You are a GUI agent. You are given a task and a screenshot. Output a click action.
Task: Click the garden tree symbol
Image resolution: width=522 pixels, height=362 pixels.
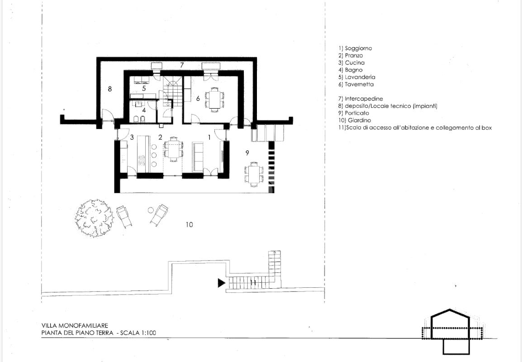click(x=94, y=218)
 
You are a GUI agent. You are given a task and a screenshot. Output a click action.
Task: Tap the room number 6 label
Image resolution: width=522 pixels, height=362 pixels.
click(x=198, y=99)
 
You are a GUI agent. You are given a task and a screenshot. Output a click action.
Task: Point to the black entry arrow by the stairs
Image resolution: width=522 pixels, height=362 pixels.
click(x=222, y=283)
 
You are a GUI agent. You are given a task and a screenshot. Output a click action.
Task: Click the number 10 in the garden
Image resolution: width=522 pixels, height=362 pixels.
click(x=189, y=225)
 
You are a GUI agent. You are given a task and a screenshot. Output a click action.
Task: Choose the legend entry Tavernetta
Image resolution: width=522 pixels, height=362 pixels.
click(x=356, y=85)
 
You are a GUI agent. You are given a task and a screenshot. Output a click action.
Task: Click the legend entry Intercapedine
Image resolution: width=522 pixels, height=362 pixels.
click(x=361, y=99)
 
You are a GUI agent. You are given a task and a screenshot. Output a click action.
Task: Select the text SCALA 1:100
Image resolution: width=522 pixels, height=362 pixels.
click(x=138, y=333)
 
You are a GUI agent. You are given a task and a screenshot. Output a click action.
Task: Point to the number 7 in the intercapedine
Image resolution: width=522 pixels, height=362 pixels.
click(x=182, y=65)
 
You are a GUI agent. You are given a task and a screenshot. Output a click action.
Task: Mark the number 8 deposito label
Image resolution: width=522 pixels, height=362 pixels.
click(x=109, y=89)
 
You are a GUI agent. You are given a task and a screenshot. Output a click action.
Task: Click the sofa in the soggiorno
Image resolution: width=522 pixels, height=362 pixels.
click(x=198, y=157)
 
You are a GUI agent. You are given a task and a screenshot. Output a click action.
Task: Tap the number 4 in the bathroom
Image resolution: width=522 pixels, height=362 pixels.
click(x=144, y=110)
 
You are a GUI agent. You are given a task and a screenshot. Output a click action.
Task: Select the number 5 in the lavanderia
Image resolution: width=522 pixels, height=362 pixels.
click(x=144, y=89)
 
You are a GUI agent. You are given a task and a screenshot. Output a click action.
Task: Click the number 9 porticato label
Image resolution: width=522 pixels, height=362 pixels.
click(x=247, y=153)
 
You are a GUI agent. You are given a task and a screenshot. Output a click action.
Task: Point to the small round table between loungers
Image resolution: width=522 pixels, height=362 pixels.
click(x=151, y=210)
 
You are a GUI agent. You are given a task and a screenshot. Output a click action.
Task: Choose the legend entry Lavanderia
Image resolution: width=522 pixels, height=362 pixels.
click(x=356, y=77)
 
